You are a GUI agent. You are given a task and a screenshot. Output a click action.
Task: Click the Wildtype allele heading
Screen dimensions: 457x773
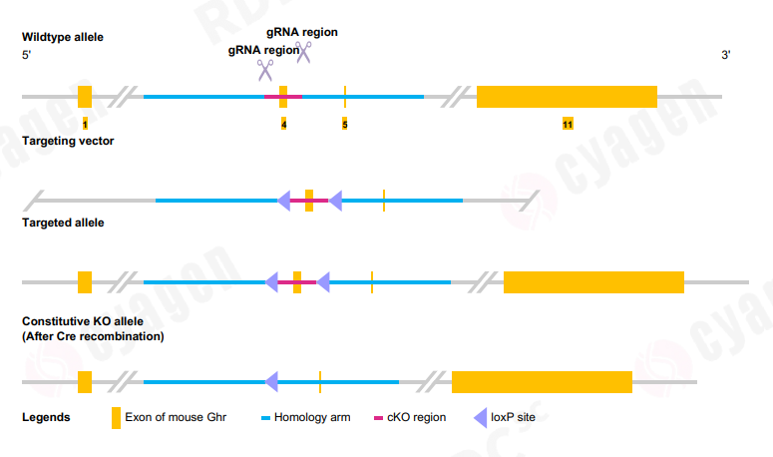pyautogui.click(x=62, y=37)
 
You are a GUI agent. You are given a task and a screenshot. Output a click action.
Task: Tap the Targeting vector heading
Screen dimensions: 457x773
pyautogui.click(x=68, y=141)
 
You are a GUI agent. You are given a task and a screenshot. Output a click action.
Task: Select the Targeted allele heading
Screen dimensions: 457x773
pyautogui.click(x=63, y=223)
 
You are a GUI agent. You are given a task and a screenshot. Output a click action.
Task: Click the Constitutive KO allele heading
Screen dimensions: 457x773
pyautogui.click(x=83, y=322)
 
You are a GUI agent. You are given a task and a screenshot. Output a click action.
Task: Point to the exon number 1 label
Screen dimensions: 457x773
pyautogui.click(x=85, y=125)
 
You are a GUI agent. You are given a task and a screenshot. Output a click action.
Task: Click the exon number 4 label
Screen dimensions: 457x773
pyautogui.click(x=283, y=125)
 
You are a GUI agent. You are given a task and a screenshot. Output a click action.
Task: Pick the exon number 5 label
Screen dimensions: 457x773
pyautogui.click(x=345, y=125)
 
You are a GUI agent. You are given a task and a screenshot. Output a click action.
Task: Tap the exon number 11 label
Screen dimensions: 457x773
pyautogui.click(x=567, y=125)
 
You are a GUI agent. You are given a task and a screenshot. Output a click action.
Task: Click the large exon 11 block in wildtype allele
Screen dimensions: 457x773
pyautogui.click(x=567, y=97)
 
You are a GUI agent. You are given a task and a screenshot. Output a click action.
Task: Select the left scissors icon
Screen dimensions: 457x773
pyautogui.click(x=264, y=70)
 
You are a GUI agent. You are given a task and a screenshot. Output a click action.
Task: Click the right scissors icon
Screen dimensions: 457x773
pyautogui.click(x=303, y=52)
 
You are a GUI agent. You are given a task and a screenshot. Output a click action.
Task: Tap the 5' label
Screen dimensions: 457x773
pyautogui.click(x=27, y=55)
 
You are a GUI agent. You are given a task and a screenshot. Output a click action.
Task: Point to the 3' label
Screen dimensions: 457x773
pyautogui.click(x=726, y=55)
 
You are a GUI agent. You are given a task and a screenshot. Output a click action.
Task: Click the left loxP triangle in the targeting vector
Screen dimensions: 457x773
pyautogui.click(x=284, y=201)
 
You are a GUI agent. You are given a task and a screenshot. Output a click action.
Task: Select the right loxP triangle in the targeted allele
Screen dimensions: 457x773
pyautogui.click(x=323, y=283)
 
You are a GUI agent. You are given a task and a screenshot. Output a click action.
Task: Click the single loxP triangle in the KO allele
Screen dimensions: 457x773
pyautogui.click(x=271, y=381)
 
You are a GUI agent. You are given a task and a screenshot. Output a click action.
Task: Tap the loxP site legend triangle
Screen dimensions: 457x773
pyautogui.click(x=481, y=417)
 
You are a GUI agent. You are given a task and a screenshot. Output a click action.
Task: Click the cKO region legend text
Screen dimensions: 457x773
pyautogui.click(x=416, y=417)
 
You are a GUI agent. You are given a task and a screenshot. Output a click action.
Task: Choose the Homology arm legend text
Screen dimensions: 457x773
pyautogui.click(x=312, y=417)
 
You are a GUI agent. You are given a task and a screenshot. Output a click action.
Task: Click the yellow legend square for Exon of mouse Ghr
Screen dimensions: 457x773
pyautogui.click(x=116, y=417)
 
